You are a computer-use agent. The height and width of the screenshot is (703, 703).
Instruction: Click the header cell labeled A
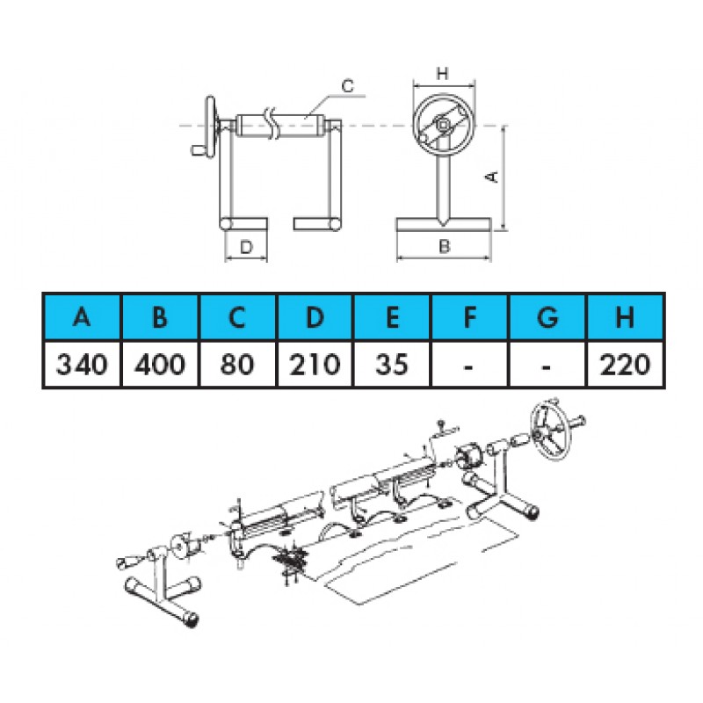tap(82, 317)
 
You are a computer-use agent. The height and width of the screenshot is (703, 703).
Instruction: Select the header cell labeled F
tap(469, 317)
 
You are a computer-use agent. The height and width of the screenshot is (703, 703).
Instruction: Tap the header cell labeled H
tap(625, 317)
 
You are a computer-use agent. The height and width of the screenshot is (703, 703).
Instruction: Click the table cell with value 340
tap(82, 364)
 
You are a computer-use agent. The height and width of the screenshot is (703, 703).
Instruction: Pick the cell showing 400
tap(160, 364)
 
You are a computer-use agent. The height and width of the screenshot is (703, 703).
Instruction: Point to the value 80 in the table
tap(237, 364)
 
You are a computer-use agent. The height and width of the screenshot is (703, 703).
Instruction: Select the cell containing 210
tap(315, 364)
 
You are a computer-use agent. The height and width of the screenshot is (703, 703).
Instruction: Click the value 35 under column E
tap(392, 364)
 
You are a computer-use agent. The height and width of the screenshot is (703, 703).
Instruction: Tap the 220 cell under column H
tap(625, 364)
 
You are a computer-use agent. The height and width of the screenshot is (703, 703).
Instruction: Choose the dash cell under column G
tap(547, 364)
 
